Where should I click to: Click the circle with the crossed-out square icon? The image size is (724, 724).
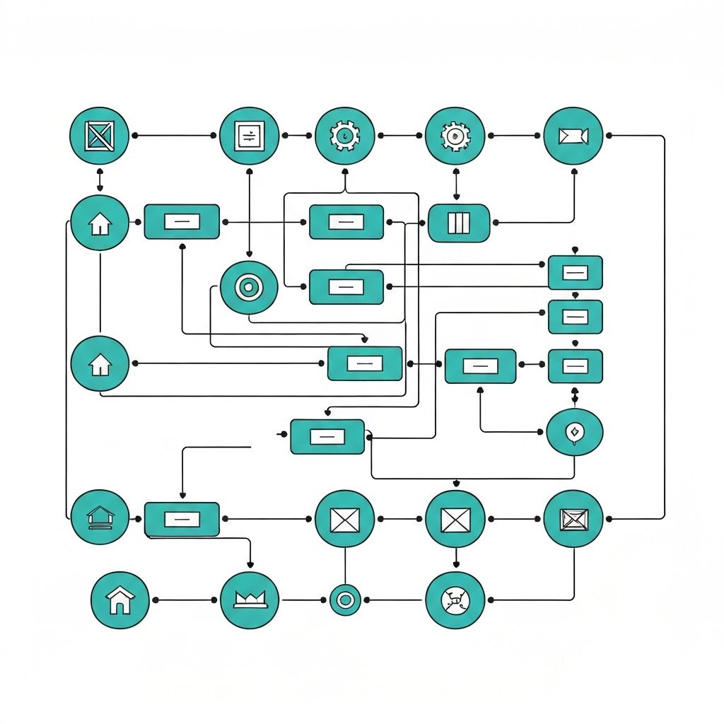tap(99, 135)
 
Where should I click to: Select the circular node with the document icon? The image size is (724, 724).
tap(249, 136)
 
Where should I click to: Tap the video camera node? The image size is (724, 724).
tap(573, 136)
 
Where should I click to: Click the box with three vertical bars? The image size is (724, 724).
tap(459, 223)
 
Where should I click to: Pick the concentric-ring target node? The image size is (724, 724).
tap(248, 287)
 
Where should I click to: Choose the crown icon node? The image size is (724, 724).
tap(249, 600)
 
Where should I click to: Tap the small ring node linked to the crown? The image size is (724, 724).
tap(345, 600)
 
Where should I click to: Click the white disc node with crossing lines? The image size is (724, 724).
tap(455, 600)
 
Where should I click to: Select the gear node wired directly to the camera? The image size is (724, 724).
tap(455, 136)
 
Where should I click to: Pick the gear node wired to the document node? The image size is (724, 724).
tap(344, 136)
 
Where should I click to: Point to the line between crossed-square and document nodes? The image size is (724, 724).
tap(174, 135)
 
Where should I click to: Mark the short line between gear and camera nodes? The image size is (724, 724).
tap(515, 135)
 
